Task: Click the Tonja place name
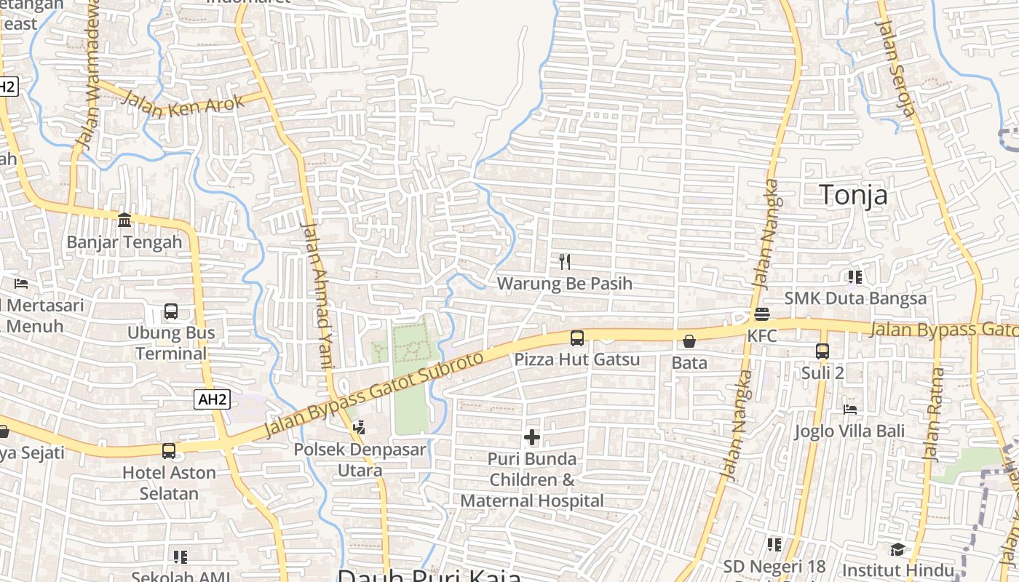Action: pyautogui.click(x=853, y=195)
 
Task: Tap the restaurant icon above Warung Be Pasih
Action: pyautogui.click(x=565, y=261)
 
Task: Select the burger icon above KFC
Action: pyautogui.click(x=762, y=314)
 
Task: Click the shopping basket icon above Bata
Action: pyautogui.click(x=689, y=340)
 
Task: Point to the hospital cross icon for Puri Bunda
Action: pyautogui.click(x=532, y=437)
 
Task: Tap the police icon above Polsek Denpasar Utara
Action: pyautogui.click(x=358, y=428)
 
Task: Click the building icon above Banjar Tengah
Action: pyautogui.click(x=124, y=220)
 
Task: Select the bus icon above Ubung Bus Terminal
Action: pyautogui.click(x=171, y=311)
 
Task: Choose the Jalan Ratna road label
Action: pyautogui.click(x=934, y=414)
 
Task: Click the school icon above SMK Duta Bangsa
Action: pyautogui.click(x=855, y=276)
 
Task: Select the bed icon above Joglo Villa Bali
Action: pyautogui.click(x=849, y=410)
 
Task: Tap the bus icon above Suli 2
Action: pyautogui.click(x=822, y=351)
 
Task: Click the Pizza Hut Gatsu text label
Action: pyautogui.click(x=576, y=359)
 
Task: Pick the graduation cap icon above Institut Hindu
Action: pyautogui.click(x=897, y=549)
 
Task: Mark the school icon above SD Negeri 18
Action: pyautogui.click(x=774, y=544)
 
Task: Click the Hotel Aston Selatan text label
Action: pyautogui.click(x=169, y=483)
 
